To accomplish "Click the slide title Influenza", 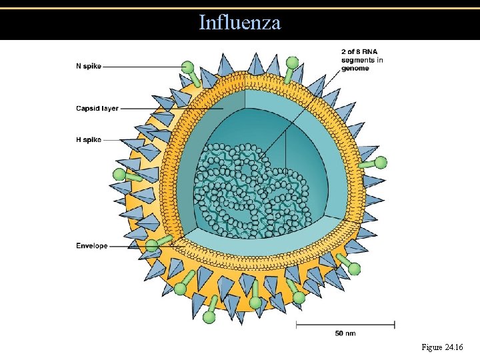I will [x=240, y=23].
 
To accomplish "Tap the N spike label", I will [x=89, y=67].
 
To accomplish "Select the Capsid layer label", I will [x=97, y=108].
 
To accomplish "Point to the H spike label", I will [x=89, y=140].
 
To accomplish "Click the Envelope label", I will [x=91, y=246].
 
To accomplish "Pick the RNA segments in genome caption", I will [x=362, y=60].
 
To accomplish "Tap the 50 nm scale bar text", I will [x=345, y=333].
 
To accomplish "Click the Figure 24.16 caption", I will [x=442, y=347].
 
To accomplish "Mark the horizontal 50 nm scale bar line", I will [x=346, y=325].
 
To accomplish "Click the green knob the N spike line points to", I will [x=188, y=67].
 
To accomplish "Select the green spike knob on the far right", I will [x=381, y=162].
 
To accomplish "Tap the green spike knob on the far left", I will [x=119, y=175].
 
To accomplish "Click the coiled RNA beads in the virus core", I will [x=247, y=190].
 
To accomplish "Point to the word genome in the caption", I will [x=355, y=69].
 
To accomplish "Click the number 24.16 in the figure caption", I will [x=451, y=347].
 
